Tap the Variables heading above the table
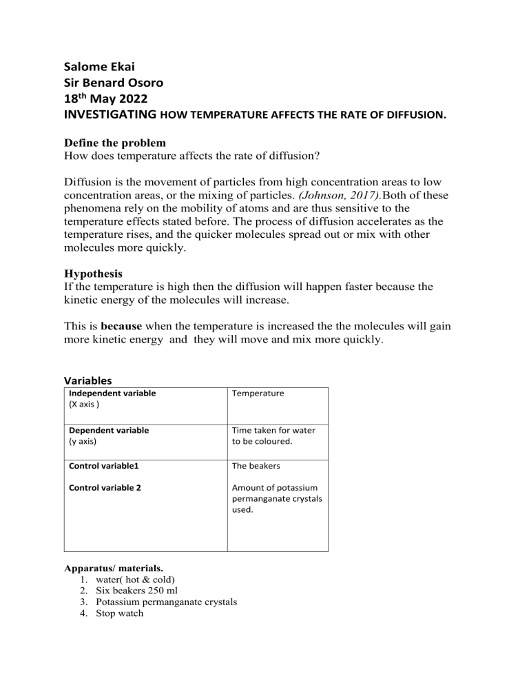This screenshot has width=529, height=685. (x=88, y=380)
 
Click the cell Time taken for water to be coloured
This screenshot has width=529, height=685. (x=273, y=436)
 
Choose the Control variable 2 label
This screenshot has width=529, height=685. (x=108, y=489)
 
